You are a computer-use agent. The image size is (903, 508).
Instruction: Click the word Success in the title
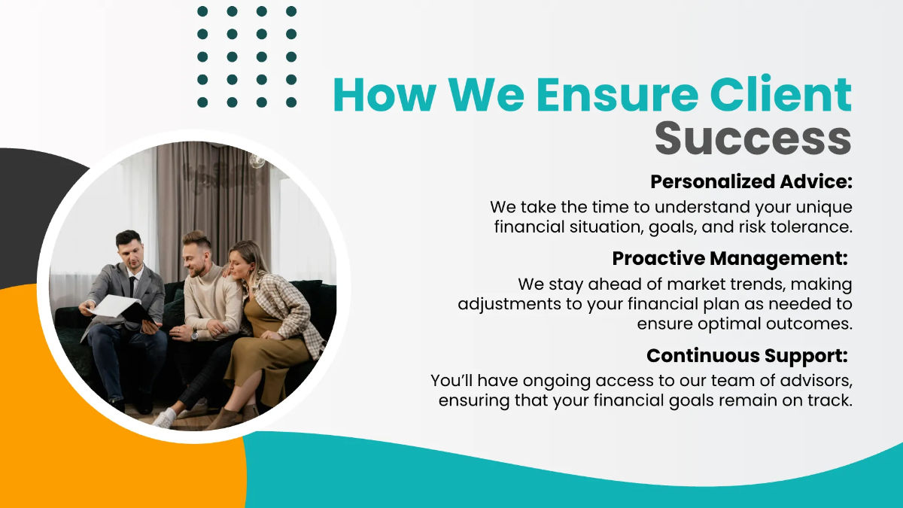[752, 138]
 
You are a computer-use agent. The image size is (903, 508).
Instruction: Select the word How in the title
[384, 96]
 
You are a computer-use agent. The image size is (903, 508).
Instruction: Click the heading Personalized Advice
[751, 182]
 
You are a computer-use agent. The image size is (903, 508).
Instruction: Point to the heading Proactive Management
[729, 259]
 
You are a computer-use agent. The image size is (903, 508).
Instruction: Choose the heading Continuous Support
[747, 355]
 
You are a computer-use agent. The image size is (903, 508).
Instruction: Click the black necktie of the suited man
[132, 286]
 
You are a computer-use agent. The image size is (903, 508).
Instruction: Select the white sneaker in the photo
[164, 418]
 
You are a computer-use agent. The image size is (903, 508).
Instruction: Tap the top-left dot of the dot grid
[202, 11]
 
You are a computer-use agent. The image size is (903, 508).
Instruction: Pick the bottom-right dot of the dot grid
[291, 102]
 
